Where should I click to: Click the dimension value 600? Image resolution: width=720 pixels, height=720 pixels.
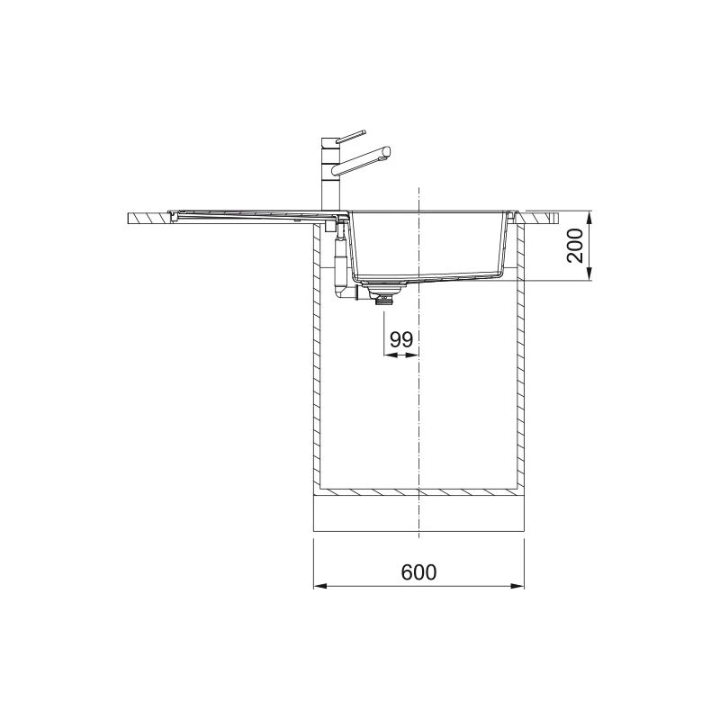click(x=418, y=571)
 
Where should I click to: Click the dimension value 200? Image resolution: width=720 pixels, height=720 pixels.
click(x=575, y=246)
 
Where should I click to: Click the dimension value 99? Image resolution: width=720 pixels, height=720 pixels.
click(x=401, y=339)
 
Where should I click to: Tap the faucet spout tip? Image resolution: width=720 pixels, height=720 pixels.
click(x=387, y=153)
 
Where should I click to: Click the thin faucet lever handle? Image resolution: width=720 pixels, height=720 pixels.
click(x=351, y=137)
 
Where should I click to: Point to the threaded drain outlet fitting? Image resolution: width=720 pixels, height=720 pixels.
click(x=385, y=301)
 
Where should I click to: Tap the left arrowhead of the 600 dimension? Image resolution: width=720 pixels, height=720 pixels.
click(x=319, y=586)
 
